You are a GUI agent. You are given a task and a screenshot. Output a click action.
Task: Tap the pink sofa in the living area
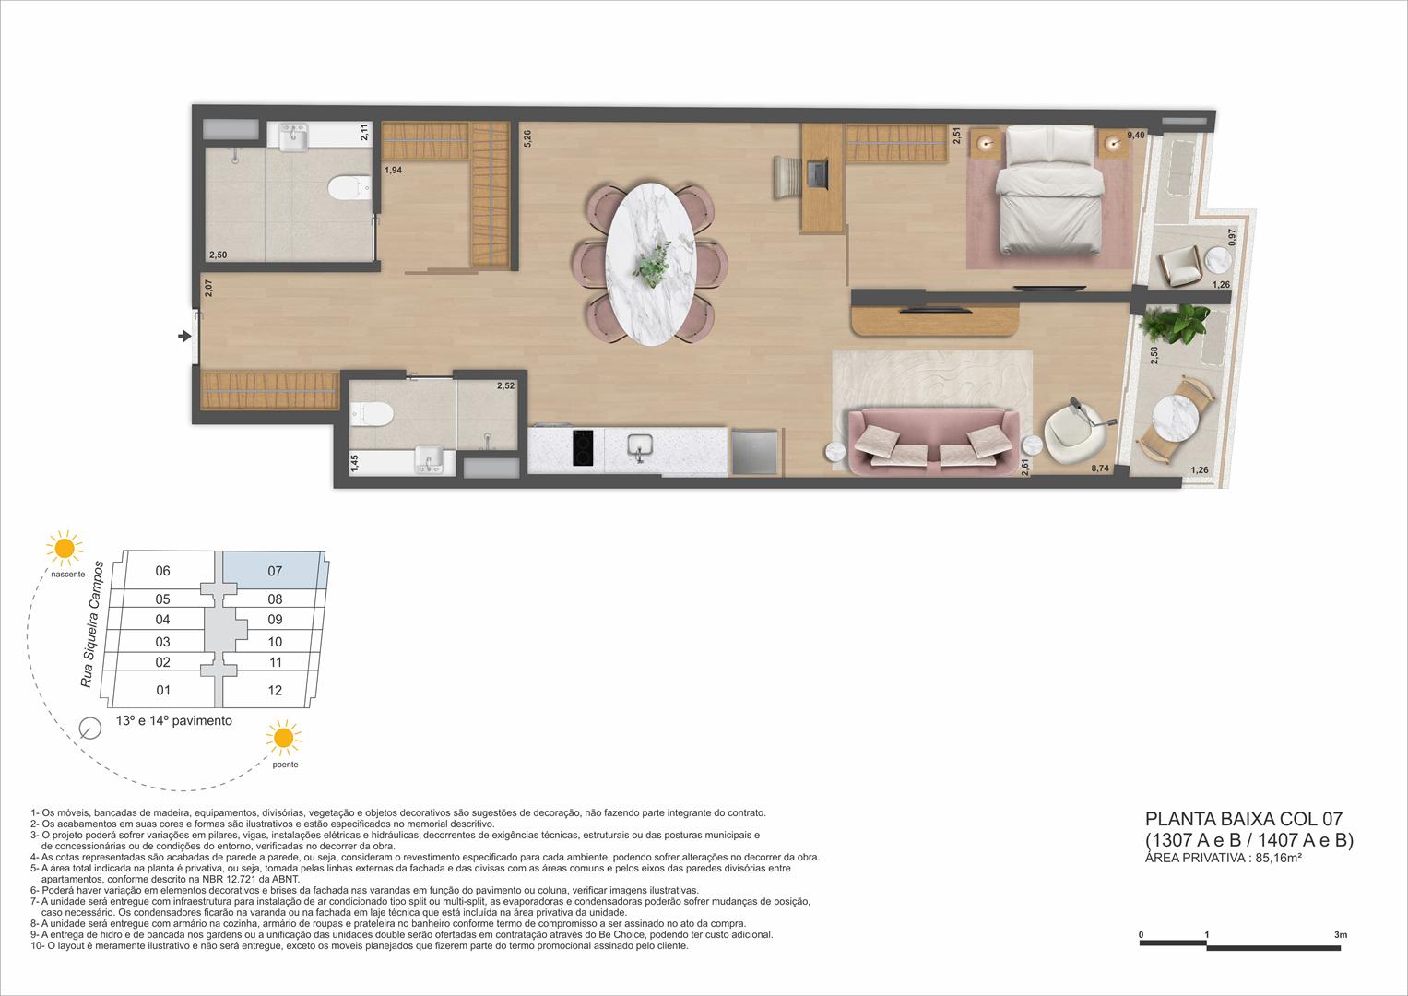[932, 441]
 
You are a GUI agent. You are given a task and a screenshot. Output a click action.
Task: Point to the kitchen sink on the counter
[638, 447]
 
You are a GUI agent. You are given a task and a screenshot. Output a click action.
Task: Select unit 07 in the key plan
[275, 571]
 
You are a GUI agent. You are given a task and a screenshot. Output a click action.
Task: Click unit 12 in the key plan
[275, 690]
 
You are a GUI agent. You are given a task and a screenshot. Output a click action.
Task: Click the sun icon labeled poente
[283, 738]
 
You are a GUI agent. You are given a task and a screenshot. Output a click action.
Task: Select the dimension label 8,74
[1099, 469]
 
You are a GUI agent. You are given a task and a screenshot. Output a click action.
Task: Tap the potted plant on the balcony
[1170, 323]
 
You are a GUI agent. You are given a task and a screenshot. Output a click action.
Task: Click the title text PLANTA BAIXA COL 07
[1243, 818]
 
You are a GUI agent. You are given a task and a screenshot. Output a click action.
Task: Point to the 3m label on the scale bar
[1340, 935]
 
